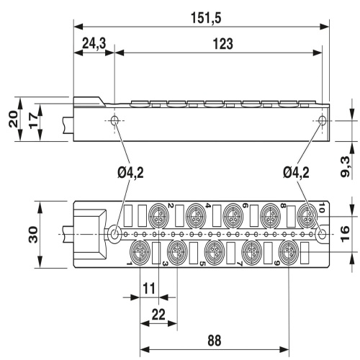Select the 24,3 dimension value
pyautogui.click(x=93, y=44)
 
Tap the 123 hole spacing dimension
pyautogui.click(x=223, y=44)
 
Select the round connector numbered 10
pyautogui.click(x=307, y=215)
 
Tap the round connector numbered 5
pyautogui.click(x=213, y=253)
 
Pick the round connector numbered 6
pyautogui.click(x=232, y=215)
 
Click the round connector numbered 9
pyautogui.click(x=289, y=253)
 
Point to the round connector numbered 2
pyautogui.click(x=156, y=215)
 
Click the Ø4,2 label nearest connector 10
pyautogui.click(x=297, y=171)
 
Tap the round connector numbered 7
pyautogui.click(x=251, y=253)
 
